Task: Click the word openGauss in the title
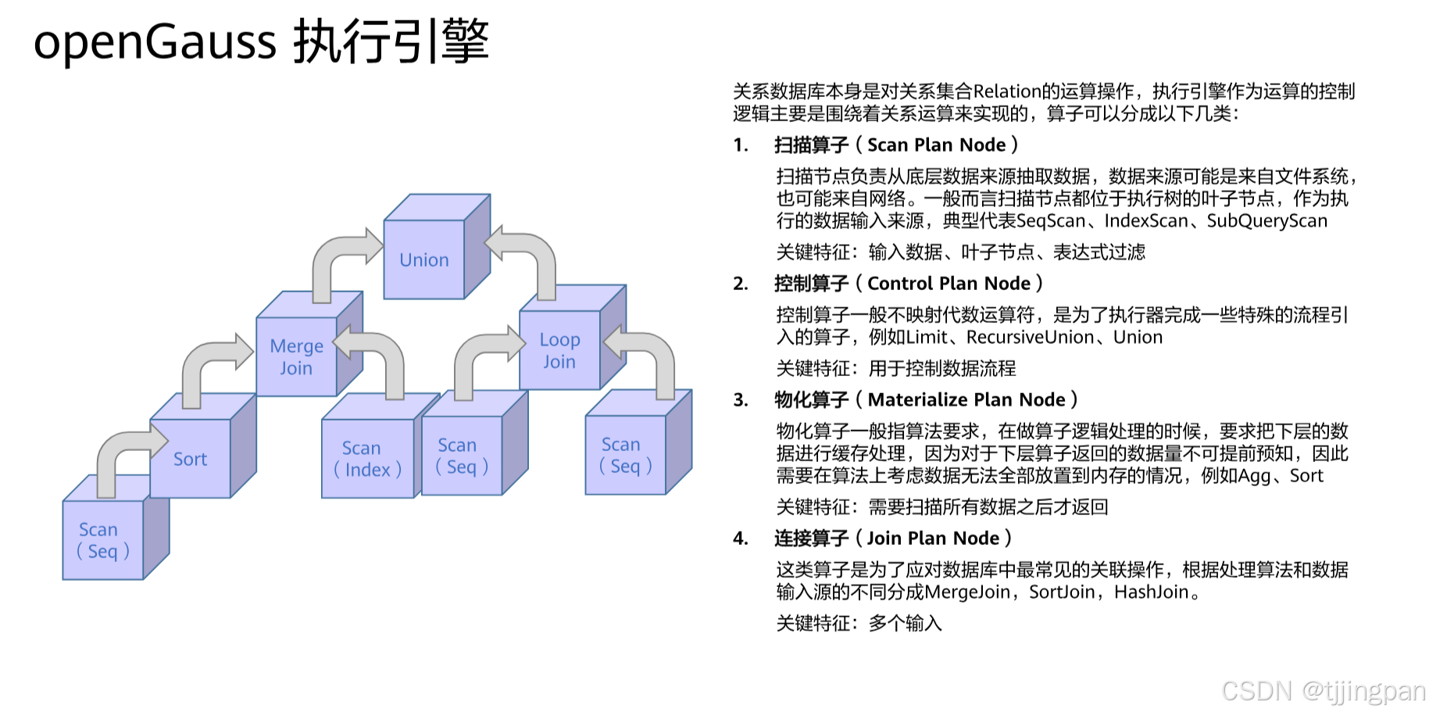pyautogui.click(x=155, y=41)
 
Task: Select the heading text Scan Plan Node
pyautogui.click(x=936, y=145)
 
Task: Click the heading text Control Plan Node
pyautogui.click(x=948, y=284)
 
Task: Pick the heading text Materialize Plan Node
pyautogui.click(x=966, y=400)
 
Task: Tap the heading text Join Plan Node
pyautogui.click(x=933, y=539)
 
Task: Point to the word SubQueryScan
pyautogui.click(x=1266, y=221)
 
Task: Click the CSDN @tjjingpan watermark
pyautogui.click(x=1323, y=691)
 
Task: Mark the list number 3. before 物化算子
pyautogui.click(x=740, y=400)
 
